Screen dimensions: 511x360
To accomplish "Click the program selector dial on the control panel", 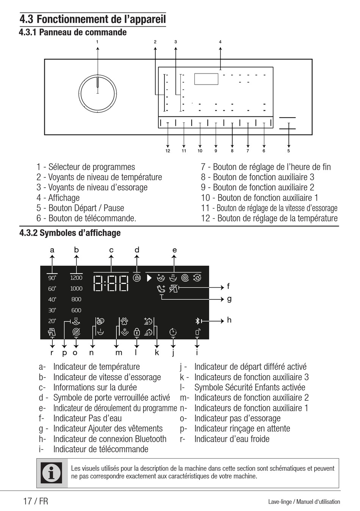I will coord(97,93).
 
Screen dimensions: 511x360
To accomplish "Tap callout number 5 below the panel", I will coord(288,151).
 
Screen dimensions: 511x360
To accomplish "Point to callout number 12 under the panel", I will coord(167,151).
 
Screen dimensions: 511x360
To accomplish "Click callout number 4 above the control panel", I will coord(220,42).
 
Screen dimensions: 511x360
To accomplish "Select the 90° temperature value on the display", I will coord(52,278).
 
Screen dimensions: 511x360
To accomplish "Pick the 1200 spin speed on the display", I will coord(76,278).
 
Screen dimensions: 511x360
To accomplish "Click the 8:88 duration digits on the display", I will coord(111,283).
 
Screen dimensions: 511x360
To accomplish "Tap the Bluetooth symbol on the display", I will coord(197,321).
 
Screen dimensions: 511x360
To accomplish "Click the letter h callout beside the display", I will coord(229,320).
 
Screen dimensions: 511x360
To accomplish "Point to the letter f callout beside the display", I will coord(228,287).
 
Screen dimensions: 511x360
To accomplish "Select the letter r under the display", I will coord(52,353).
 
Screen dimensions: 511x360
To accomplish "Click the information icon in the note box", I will coord(52,473).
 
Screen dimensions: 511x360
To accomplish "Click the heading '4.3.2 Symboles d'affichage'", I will coord(70,233).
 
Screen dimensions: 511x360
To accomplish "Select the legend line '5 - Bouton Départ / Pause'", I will coord(80,208).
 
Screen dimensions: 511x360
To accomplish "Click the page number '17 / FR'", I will coord(36,501).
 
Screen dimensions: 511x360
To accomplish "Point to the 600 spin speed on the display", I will coord(76,310).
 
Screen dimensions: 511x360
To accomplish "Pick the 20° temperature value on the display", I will coord(52,321).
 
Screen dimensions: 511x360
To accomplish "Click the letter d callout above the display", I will coord(137,250).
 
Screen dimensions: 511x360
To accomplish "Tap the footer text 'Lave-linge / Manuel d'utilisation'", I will coord(304,502).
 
